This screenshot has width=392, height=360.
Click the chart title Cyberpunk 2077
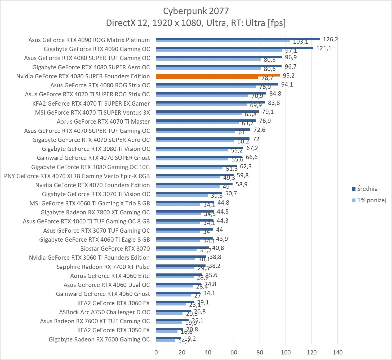click(196, 11)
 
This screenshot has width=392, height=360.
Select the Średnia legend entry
click(367, 189)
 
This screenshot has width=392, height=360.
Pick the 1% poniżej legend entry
click(371, 200)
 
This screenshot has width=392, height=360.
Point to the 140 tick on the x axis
click(338, 352)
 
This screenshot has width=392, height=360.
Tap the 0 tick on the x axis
click(156, 352)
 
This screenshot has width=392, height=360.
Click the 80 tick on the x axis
click(260, 352)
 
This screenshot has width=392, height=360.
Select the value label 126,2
click(330, 39)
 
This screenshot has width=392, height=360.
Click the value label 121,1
click(324, 48)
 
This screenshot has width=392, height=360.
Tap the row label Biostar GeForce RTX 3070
click(115, 249)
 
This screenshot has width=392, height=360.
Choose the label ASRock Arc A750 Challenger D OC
click(104, 312)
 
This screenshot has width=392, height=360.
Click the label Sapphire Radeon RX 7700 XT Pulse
click(103, 267)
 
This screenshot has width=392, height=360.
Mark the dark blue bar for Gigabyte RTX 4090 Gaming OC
click(235, 48)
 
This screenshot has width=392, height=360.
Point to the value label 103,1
click(300, 42)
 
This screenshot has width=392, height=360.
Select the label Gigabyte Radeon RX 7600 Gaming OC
click(99, 339)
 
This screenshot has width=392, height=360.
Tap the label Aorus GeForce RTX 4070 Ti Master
click(103, 121)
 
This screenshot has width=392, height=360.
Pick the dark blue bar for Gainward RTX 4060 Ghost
click(178, 293)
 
